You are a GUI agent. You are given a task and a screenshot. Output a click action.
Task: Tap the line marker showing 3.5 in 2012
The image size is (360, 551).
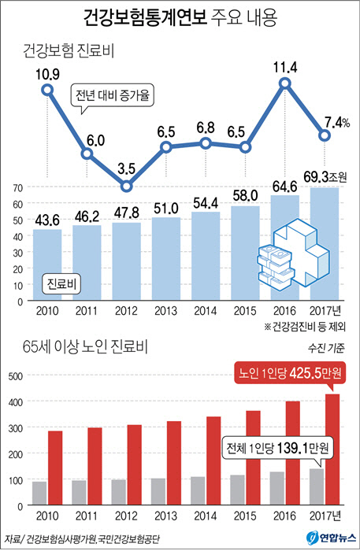point(126,187)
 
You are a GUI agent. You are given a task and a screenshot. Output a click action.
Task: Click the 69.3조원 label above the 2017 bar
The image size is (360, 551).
point(328,172)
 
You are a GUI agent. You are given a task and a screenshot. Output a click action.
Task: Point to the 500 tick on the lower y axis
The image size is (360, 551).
point(14,376)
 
